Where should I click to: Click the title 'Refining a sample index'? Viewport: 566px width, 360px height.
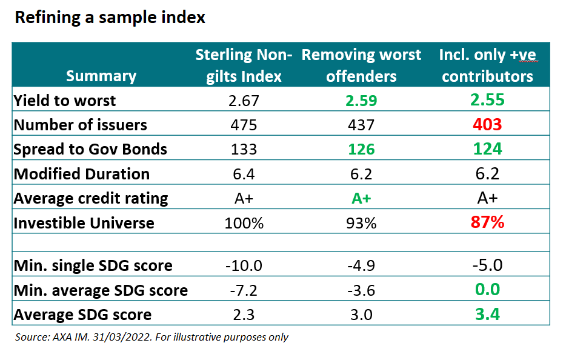(110, 18)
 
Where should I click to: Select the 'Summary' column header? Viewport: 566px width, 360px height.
(101, 76)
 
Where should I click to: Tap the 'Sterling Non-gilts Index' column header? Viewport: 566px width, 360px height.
(244, 65)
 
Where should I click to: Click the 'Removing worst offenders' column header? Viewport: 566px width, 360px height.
(361, 65)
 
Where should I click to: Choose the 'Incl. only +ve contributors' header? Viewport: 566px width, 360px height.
(488, 65)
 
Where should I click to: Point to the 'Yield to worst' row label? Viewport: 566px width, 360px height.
(65, 100)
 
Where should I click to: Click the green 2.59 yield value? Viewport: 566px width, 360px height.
(361, 100)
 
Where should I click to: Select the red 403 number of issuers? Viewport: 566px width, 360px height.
(488, 125)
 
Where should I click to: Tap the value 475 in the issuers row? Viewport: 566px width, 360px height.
(244, 125)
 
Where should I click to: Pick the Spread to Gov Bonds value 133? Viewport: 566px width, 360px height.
(244, 149)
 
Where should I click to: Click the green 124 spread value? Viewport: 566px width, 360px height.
(488, 149)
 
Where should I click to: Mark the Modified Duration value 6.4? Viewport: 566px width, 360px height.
(244, 174)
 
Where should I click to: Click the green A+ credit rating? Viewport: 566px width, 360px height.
(361, 198)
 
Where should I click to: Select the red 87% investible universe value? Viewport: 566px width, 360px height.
(488, 222)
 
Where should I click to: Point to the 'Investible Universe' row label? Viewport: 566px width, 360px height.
(84, 222)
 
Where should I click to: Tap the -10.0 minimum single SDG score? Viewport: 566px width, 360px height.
(244, 265)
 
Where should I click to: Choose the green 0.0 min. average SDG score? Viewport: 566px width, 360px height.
(488, 290)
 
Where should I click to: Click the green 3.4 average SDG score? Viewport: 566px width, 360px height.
(488, 315)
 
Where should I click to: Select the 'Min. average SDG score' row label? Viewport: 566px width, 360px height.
(101, 290)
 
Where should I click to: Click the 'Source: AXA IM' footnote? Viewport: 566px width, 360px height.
(151, 337)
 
